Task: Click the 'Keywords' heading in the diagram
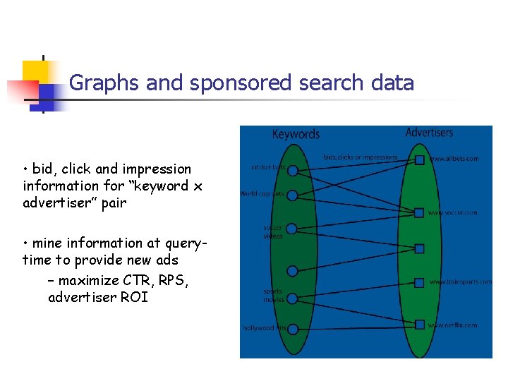tap(296, 134)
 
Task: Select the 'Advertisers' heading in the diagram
tap(430, 133)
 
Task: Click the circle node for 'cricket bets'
tap(292, 169)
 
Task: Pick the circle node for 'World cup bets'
tap(292, 194)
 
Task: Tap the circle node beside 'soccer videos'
tap(292, 229)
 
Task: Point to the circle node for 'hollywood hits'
tap(292, 328)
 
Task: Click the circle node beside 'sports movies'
tap(292, 299)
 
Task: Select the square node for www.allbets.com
tap(420, 159)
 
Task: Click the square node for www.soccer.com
tap(420, 212)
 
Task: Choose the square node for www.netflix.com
tap(420, 325)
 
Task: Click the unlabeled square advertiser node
tap(420, 248)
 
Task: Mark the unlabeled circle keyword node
tap(292, 271)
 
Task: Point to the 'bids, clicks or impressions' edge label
tap(360, 157)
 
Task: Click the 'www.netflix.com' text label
tap(453, 325)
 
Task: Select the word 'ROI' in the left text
tap(134, 297)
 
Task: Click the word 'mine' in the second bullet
tap(48, 243)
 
